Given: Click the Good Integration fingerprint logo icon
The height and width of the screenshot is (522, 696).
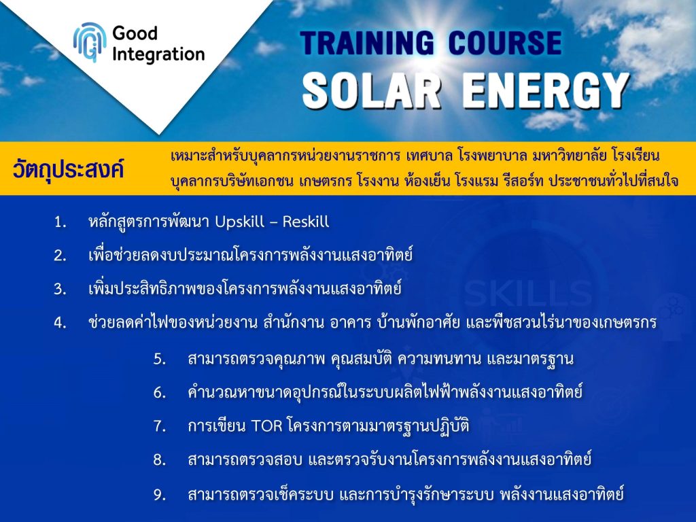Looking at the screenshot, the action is click(90, 42).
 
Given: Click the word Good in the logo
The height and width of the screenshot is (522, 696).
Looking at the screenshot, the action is click(135, 33).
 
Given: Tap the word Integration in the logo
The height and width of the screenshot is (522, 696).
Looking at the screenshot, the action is click(158, 54).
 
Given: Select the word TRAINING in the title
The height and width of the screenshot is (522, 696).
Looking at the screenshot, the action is click(366, 43).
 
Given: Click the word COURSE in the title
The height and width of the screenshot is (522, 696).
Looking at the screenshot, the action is click(505, 43).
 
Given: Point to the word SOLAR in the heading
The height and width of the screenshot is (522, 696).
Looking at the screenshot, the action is click(372, 90).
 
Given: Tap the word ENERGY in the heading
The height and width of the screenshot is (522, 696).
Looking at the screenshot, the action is click(546, 91).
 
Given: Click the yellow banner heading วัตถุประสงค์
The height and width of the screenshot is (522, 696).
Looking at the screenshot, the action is click(68, 169).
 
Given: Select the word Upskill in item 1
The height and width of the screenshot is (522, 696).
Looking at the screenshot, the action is click(240, 221).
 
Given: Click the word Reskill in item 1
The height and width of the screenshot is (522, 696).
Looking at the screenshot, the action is click(306, 221).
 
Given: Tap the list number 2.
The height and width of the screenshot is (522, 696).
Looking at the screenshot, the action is click(60, 256).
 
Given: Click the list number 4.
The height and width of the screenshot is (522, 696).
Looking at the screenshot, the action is click(60, 323).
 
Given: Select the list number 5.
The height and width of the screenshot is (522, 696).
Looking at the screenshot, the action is click(160, 359).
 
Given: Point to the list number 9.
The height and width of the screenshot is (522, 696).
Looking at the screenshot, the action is click(160, 495).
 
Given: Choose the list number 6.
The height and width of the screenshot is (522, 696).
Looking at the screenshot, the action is click(160, 393).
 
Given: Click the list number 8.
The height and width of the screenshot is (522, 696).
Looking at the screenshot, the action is click(160, 460).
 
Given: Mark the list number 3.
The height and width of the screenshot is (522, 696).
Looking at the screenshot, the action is click(60, 290).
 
